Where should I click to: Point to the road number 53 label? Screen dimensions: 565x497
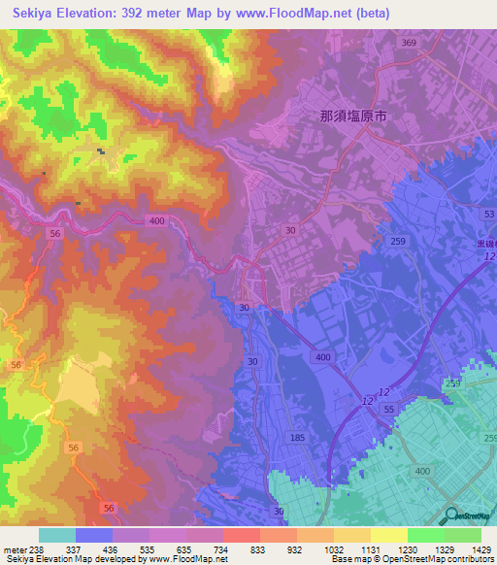coord(487,214)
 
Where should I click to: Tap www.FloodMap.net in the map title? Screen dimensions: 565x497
coord(316,13)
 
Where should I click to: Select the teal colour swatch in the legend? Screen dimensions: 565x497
coord(57,535)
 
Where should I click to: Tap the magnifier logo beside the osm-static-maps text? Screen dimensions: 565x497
coord(453,515)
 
